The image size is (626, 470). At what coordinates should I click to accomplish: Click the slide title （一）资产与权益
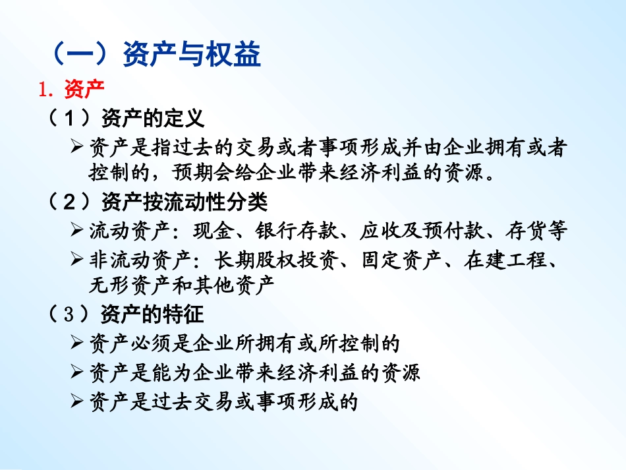[156, 55]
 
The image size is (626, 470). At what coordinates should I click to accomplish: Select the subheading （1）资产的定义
[126, 119]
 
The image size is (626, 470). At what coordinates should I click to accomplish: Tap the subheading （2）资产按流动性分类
[158, 200]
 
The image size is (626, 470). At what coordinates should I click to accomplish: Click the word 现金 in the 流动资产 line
[211, 231]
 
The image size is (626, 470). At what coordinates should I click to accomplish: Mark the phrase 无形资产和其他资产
[181, 285]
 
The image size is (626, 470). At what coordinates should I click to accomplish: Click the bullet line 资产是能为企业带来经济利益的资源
[254, 372]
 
